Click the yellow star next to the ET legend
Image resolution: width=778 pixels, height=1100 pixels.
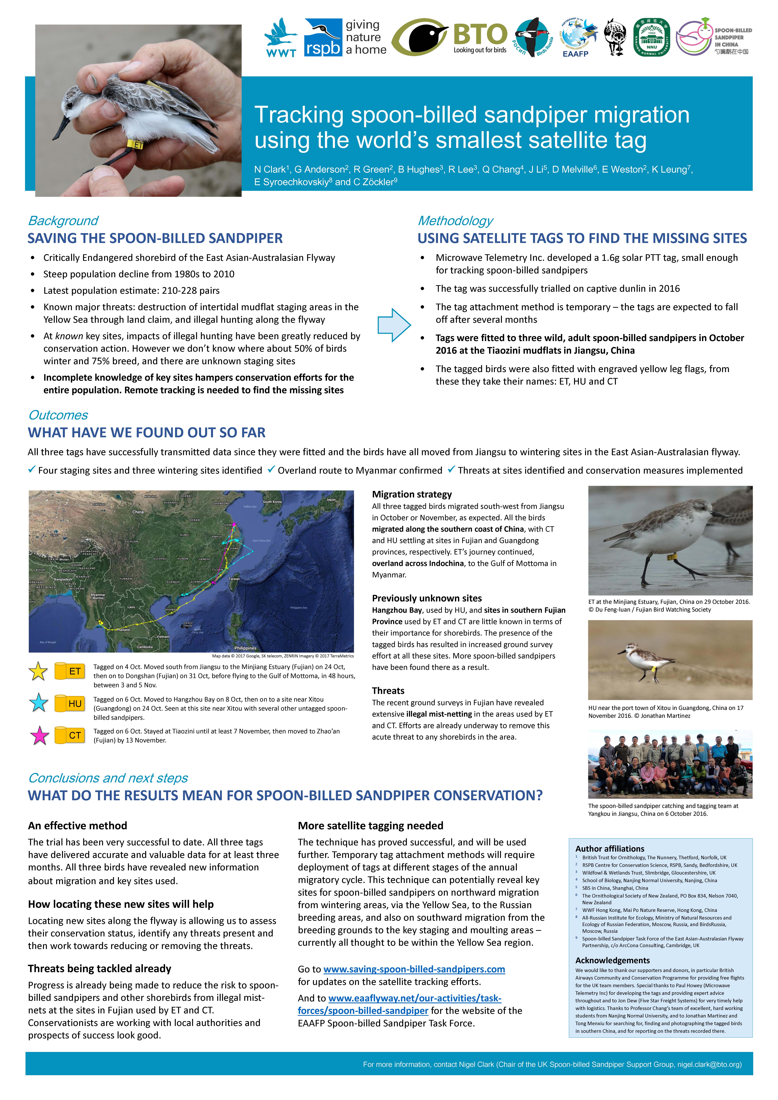tap(38, 671)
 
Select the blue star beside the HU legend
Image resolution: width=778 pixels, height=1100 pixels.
tap(38, 703)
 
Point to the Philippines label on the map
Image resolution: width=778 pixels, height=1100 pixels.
tap(245, 648)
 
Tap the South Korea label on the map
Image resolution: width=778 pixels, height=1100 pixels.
tap(272, 502)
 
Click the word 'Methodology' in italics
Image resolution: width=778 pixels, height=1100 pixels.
tap(455, 221)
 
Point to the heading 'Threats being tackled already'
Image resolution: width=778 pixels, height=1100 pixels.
tap(99, 969)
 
